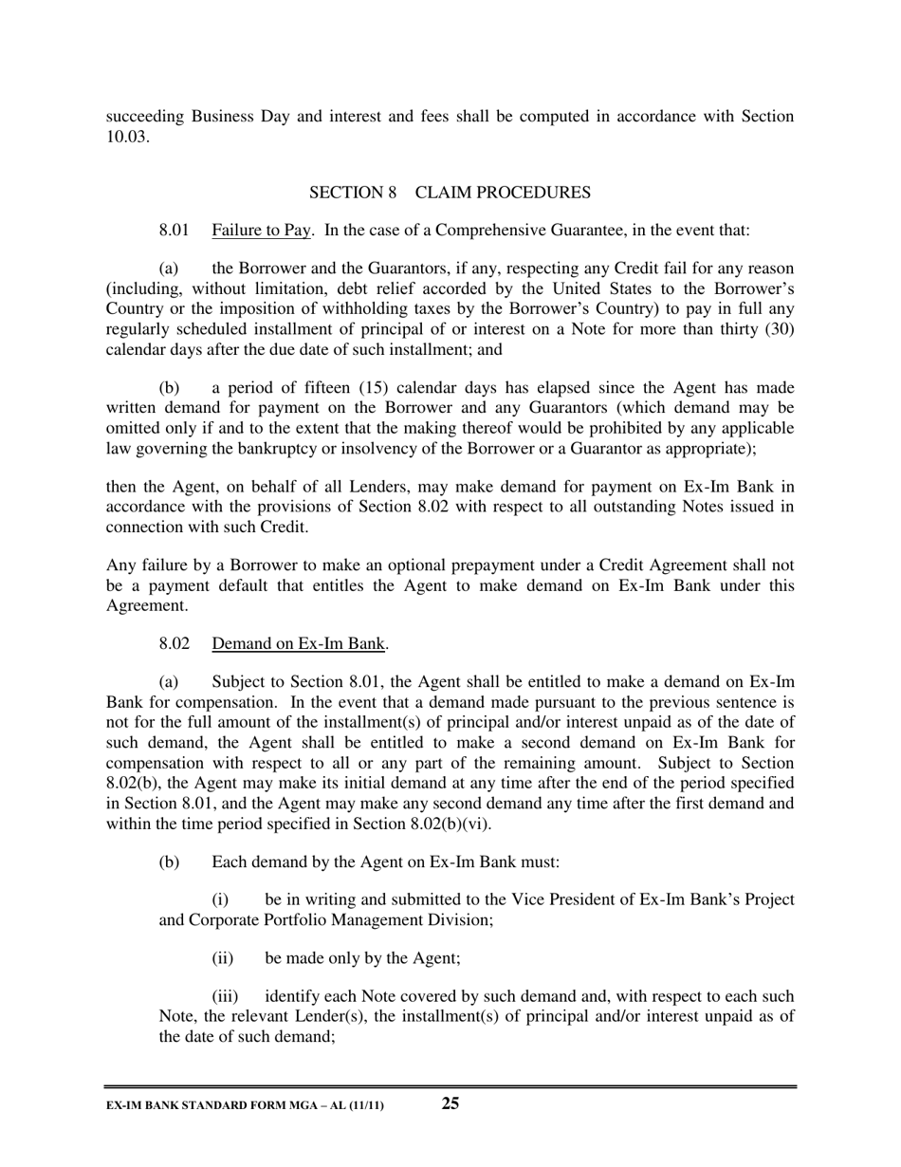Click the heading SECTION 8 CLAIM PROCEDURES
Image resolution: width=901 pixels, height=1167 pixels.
pos(450,193)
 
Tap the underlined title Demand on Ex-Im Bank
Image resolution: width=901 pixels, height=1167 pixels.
pos(299,644)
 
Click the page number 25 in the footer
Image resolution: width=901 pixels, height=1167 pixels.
pos(450,1102)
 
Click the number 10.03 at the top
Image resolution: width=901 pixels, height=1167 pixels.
pos(127,136)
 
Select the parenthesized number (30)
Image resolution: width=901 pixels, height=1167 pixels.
pos(773,329)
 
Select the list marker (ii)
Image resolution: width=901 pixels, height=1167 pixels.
pos(223,958)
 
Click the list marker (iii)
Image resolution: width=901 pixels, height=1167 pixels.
pos(225,997)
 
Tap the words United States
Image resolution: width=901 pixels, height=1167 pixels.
pos(593,289)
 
